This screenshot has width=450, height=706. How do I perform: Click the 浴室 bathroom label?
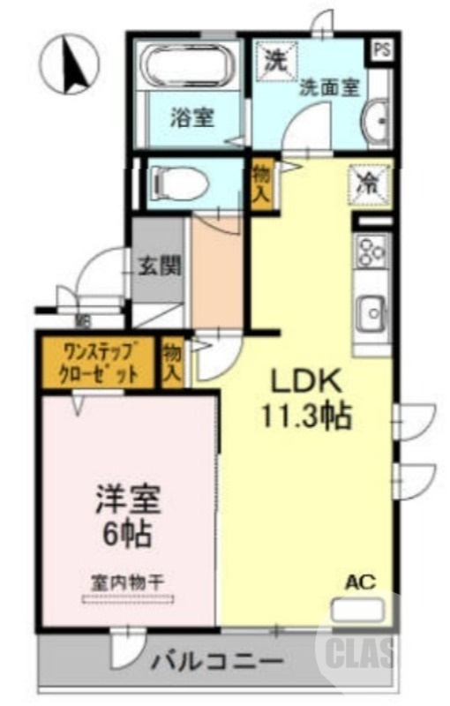click(x=192, y=116)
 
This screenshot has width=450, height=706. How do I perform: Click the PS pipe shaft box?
click(x=381, y=49)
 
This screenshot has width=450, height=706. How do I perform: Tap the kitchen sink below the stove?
click(x=371, y=311)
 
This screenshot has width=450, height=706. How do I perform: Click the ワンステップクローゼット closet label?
click(x=99, y=363)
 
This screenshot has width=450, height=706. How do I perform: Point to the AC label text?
click(x=360, y=582)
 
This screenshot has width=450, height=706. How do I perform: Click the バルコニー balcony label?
click(x=216, y=660)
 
